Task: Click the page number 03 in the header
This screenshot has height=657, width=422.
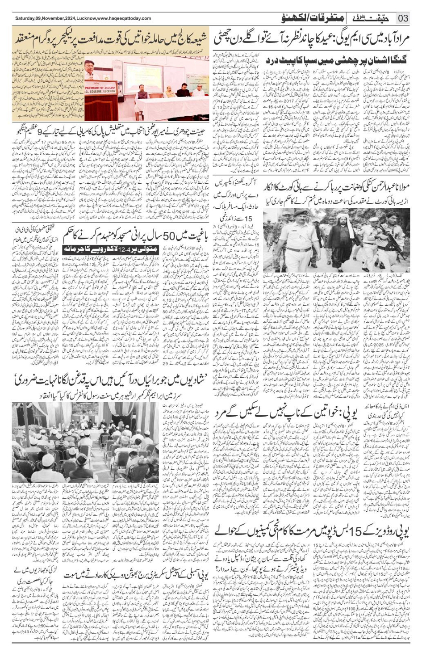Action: (403, 18)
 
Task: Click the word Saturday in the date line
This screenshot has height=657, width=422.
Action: (25, 19)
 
